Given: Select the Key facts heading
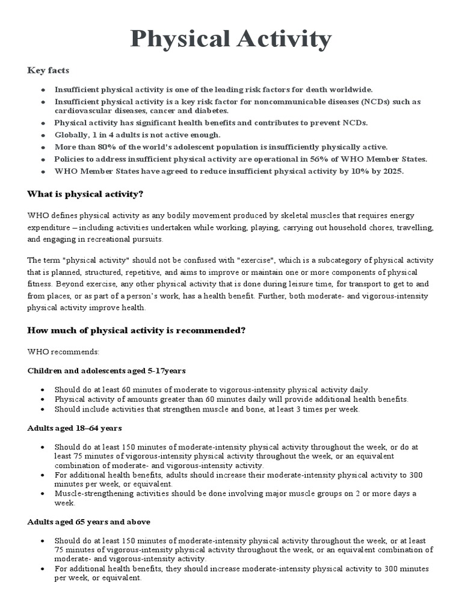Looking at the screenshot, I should pos(49,70).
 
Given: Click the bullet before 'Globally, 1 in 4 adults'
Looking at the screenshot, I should pos(43,135).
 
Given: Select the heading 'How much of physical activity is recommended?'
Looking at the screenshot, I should pos(137,331).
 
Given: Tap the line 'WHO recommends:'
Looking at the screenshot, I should pos(63,351).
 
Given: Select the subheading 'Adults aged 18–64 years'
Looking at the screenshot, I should pos(75,428).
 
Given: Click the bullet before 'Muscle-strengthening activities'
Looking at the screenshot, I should pos(43,493).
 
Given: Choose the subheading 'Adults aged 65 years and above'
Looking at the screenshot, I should pos(89,521).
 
